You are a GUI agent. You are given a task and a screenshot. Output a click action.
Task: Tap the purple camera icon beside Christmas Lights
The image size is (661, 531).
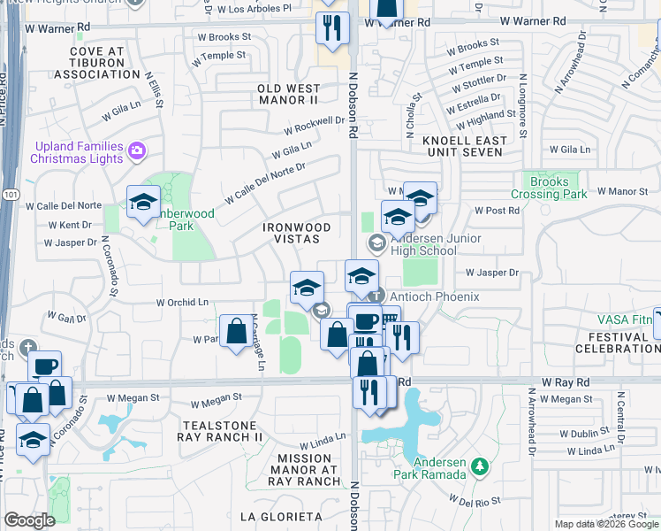point(137,150)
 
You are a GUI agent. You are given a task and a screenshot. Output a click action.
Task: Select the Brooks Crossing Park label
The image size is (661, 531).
point(550,187)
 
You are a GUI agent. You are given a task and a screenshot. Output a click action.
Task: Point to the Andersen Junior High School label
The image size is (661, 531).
point(437,244)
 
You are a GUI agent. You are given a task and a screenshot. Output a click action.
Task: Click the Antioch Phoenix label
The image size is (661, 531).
point(433,296)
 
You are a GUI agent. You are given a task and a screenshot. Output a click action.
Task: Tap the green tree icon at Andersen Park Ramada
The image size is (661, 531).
point(479,466)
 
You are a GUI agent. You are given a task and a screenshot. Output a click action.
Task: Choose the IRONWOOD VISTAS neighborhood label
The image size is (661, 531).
point(297,234)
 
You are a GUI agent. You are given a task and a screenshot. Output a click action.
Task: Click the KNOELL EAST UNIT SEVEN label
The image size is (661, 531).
point(465,146)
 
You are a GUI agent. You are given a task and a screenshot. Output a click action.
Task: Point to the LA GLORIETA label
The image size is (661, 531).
point(281,515)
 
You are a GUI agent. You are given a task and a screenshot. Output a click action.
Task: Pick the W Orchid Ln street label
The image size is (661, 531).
point(181,302)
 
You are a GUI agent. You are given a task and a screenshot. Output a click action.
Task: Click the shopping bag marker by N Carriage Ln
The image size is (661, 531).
point(236,333)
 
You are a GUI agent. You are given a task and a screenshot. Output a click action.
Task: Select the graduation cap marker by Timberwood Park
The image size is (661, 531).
point(144,203)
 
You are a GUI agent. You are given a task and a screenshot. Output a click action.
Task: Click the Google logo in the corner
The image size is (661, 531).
point(29,520)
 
